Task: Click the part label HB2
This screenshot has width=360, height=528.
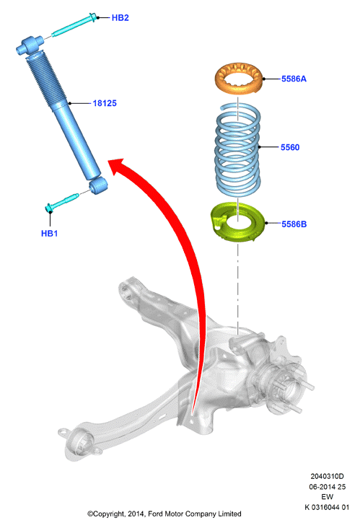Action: (120, 18)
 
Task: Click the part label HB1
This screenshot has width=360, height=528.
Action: (49, 234)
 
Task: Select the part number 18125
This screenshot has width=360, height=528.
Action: (105, 103)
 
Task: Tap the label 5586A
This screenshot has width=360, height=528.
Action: (294, 79)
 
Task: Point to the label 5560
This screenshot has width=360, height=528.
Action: (290, 147)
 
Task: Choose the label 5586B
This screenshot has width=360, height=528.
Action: (294, 224)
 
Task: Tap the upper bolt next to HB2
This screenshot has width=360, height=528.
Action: (74, 25)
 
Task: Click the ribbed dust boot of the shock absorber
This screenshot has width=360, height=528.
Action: (45, 80)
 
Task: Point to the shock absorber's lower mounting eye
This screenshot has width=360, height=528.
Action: (98, 185)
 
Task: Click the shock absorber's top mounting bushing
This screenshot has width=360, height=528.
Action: (30, 45)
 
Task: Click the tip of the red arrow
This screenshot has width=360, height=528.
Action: (108, 162)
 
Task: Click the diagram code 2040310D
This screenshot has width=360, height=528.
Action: (327, 476)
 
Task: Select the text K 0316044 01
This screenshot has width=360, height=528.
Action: (327, 507)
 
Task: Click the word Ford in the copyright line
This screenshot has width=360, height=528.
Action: (156, 514)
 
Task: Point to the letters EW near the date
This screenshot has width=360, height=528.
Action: (327, 497)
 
